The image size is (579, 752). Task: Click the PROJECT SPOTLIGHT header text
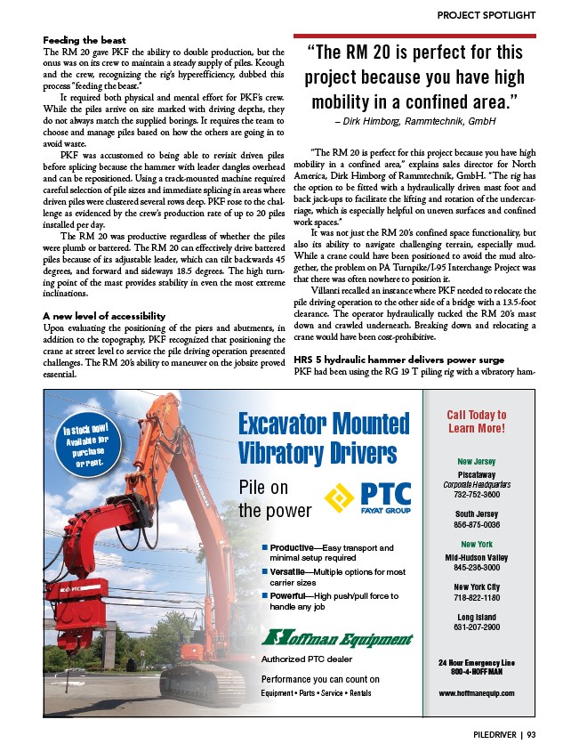pyautogui.click(x=486, y=15)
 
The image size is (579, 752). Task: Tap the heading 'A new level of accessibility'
pyautogui.click(x=105, y=316)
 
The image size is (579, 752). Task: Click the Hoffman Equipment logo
pyautogui.click(x=337, y=639)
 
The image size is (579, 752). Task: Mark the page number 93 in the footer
pyautogui.click(x=531, y=735)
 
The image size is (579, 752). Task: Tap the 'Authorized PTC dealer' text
pyautogui.click(x=307, y=659)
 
